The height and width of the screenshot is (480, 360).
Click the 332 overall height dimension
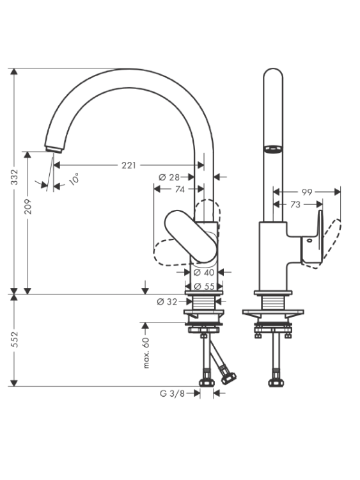(x=14, y=177)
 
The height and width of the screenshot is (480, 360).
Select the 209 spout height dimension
(x=28, y=206)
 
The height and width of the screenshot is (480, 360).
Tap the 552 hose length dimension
(x=14, y=339)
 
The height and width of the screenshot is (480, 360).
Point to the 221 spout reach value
(x=129, y=165)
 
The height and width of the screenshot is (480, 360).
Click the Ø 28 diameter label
(x=169, y=177)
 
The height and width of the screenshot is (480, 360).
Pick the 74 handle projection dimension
(x=180, y=189)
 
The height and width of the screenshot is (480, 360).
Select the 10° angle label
(x=74, y=179)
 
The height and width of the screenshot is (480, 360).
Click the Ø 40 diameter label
(x=204, y=272)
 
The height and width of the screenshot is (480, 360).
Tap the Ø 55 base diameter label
(x=205, y=286)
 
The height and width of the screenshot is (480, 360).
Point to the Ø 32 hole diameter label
(x=167, y=302)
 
